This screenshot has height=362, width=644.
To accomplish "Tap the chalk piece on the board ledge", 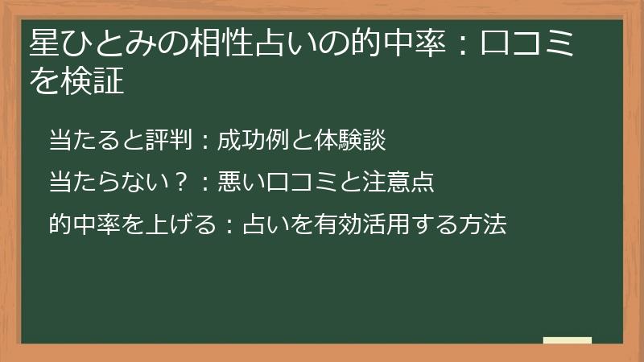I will pos(568,340).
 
